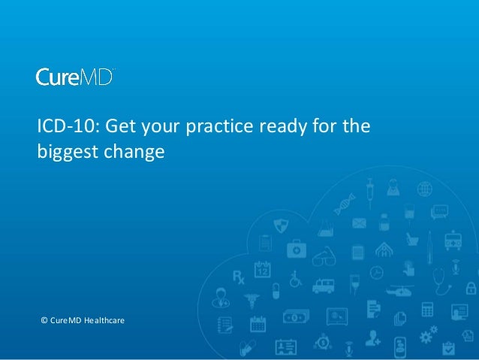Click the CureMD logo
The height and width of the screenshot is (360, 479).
[x=75, y=77]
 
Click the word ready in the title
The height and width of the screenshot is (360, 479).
[x=284, y=126]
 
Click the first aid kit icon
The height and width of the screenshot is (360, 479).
[x=297, y=247]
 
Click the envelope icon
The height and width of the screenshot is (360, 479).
[x=358, y=223]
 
